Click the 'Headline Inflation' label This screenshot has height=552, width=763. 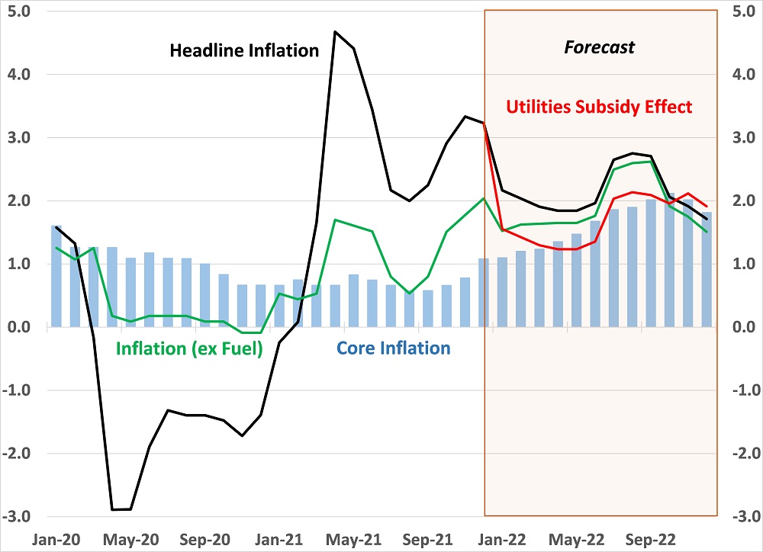243,51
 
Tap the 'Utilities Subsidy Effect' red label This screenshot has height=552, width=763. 599,107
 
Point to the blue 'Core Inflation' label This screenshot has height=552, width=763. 393,348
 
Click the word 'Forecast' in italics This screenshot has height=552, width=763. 599,47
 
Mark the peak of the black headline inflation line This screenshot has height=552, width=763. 336,32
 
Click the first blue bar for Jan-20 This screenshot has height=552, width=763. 56,276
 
